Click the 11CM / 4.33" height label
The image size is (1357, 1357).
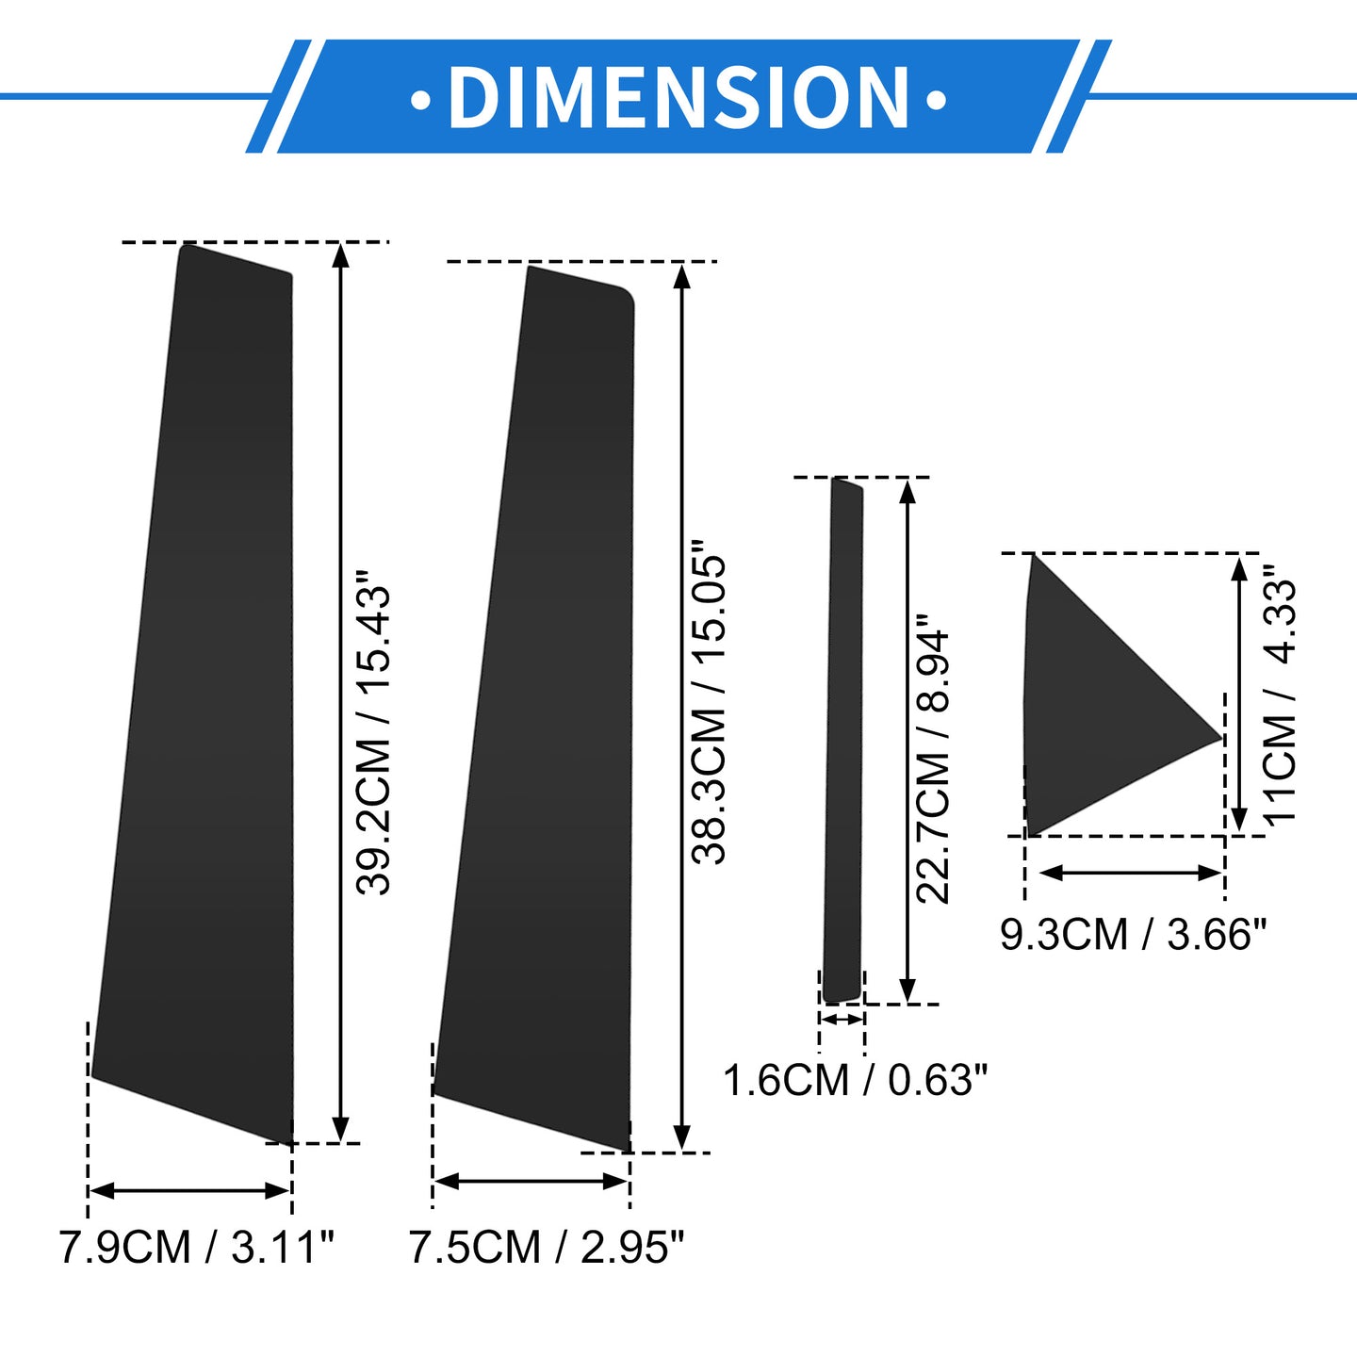point(1278,693)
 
